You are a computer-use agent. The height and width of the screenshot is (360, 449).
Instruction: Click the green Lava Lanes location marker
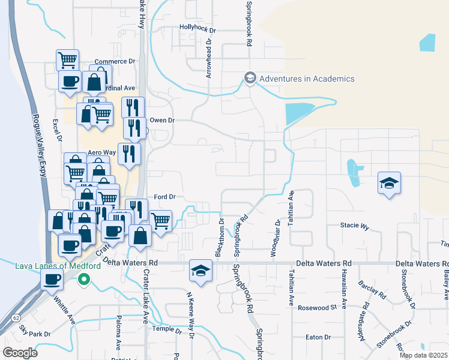pos(85,279)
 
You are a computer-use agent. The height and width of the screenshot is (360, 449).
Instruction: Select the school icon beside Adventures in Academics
pos(250,78)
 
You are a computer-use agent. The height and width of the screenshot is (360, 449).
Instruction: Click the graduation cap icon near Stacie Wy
pos(389,182)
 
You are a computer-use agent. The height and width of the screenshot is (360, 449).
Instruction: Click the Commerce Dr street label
pos(115,61)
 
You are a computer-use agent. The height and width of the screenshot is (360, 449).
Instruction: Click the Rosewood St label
pos(318,308)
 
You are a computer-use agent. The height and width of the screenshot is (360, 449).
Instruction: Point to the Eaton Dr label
pos(318,337)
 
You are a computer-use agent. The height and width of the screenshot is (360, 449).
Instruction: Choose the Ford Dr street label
pos(164,196)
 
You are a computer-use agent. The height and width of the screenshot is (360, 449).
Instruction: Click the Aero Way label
pos(101,153)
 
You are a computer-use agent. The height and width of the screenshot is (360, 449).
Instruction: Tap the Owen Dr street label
pos(161,120)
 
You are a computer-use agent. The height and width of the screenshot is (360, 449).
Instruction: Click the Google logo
pos(20,352)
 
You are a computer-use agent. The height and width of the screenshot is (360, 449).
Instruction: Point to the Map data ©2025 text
pos(423,355)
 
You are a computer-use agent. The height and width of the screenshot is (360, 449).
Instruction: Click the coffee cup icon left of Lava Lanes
pos(52,278)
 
